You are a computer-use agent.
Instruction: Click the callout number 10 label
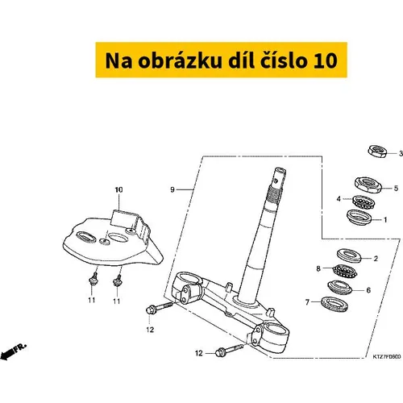(x=118, y=189)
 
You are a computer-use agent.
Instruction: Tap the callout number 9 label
(x=172, y=189)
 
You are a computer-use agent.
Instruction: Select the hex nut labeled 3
(x=377, y=152)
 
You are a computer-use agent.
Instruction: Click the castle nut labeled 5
(x=368, y=185)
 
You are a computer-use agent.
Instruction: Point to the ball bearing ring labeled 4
(x=364, y=202)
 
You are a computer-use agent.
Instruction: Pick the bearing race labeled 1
(x=359, y=218)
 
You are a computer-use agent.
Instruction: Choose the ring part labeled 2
(x=349, y=256)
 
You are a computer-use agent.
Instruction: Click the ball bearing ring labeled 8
(x=345, y=271)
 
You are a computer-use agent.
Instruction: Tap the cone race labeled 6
(x=340, y=287)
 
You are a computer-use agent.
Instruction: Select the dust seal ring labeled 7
(x=334, y=304)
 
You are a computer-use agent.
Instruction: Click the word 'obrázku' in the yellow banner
(x=180, y=60)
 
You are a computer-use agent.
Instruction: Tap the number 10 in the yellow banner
(x=325, y=60)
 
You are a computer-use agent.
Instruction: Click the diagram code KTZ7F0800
(x=387, y=356)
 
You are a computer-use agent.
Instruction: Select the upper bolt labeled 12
(x=159, y=308)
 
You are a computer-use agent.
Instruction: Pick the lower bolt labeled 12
(x=230, y=350)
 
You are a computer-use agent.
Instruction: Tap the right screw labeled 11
(x=117, y=280)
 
